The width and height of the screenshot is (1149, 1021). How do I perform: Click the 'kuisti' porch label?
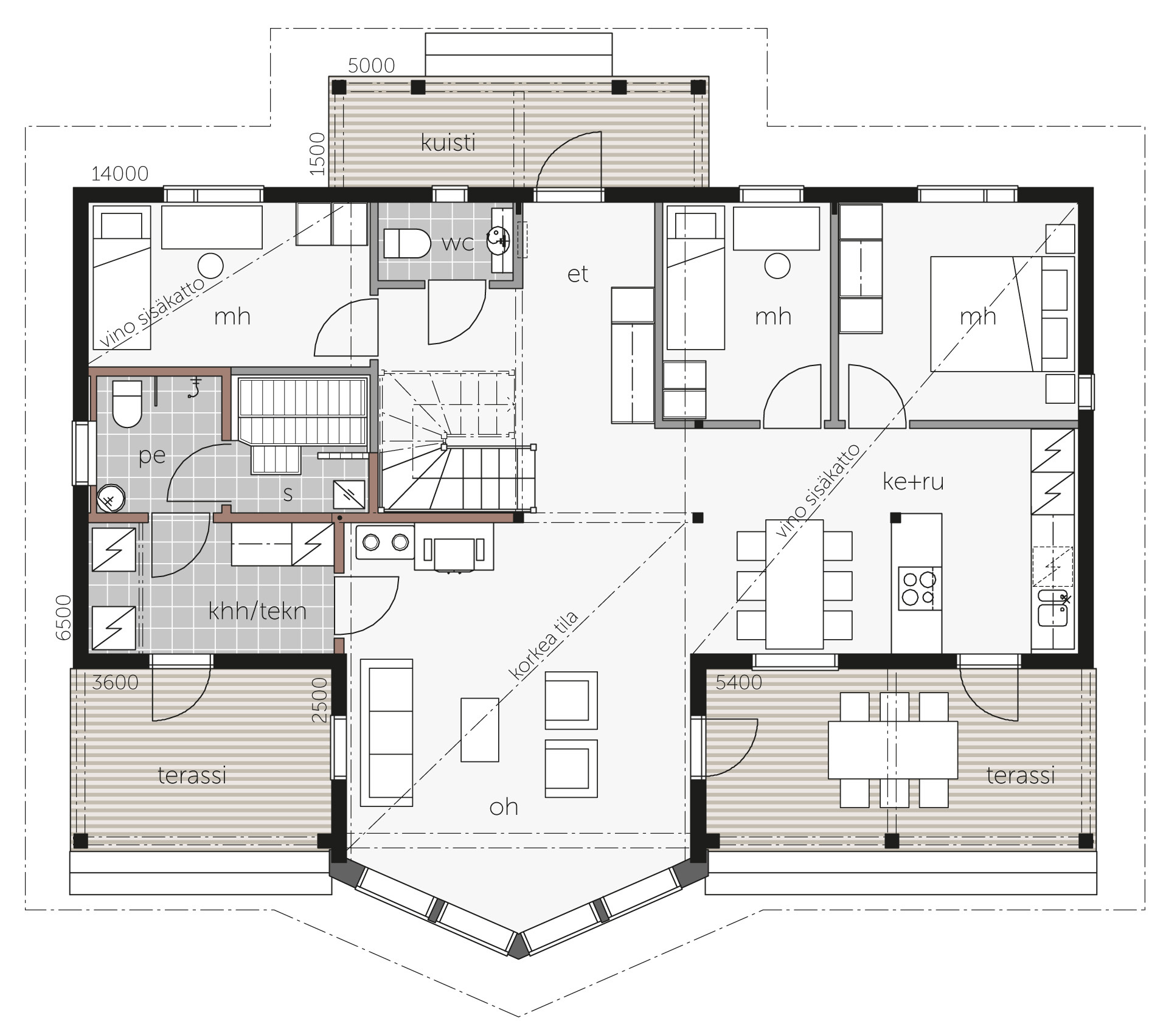click(x=448, y=143)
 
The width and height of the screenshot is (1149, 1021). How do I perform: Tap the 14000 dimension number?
click(x=120, y=174)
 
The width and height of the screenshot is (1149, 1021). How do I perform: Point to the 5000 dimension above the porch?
click(x=372, y=65)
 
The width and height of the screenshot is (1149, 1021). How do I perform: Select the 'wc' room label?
click(x=457, y=243)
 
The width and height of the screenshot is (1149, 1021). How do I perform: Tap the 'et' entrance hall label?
click(x=577, y=274)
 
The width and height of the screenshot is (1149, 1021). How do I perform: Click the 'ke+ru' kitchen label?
click(x=913, y=482)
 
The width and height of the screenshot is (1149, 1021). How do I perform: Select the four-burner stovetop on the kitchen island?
click(x=919, y=588)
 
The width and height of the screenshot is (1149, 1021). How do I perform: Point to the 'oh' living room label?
click(x=504, y=807)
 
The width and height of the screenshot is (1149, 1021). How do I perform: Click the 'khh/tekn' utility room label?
click(x=257, y=611)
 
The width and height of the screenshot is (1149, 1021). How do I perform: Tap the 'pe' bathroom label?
click(x=152, y=455)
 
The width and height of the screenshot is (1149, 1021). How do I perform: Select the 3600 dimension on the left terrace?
click(x=115, y=682)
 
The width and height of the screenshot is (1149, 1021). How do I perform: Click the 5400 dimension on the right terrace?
click(x=738, y=682)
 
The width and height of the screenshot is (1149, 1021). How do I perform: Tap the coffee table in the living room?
click(x=480, y=730)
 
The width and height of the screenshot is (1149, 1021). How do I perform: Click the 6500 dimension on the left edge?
click(x=63, y=617)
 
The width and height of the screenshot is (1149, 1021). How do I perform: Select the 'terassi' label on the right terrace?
click(x=1020, y=775)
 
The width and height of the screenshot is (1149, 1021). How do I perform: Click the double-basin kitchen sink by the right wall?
click(x=1052, y=607)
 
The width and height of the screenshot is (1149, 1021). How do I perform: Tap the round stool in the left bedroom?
click(x=210, y=266)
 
